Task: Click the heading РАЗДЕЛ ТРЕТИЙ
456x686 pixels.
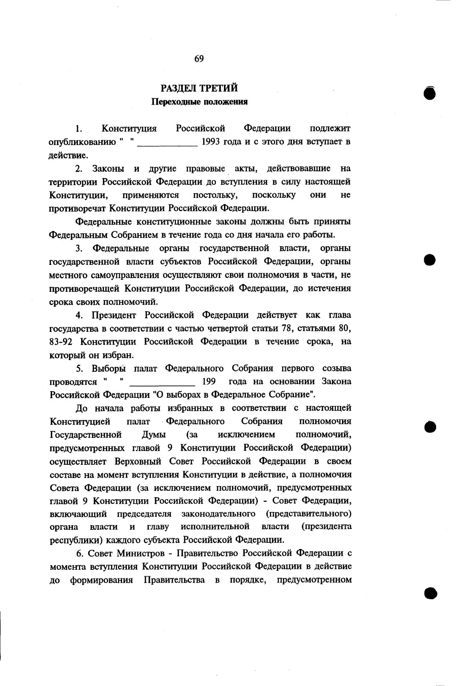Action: (x=199, y=89)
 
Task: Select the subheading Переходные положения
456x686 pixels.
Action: (x=200, y=102)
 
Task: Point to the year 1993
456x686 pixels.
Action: (x=211, y=142)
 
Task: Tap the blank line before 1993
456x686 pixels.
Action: (x=167, y=144)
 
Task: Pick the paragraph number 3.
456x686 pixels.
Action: (x=79, y=248)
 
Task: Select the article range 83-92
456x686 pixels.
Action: (x=62, y=341)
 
